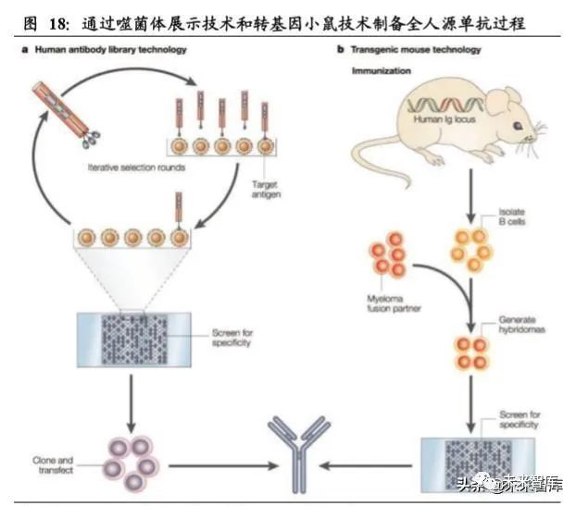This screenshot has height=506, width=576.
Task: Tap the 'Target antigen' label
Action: [x=264, y=190]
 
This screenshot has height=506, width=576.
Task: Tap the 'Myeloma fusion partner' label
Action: [x=383, y=302]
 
